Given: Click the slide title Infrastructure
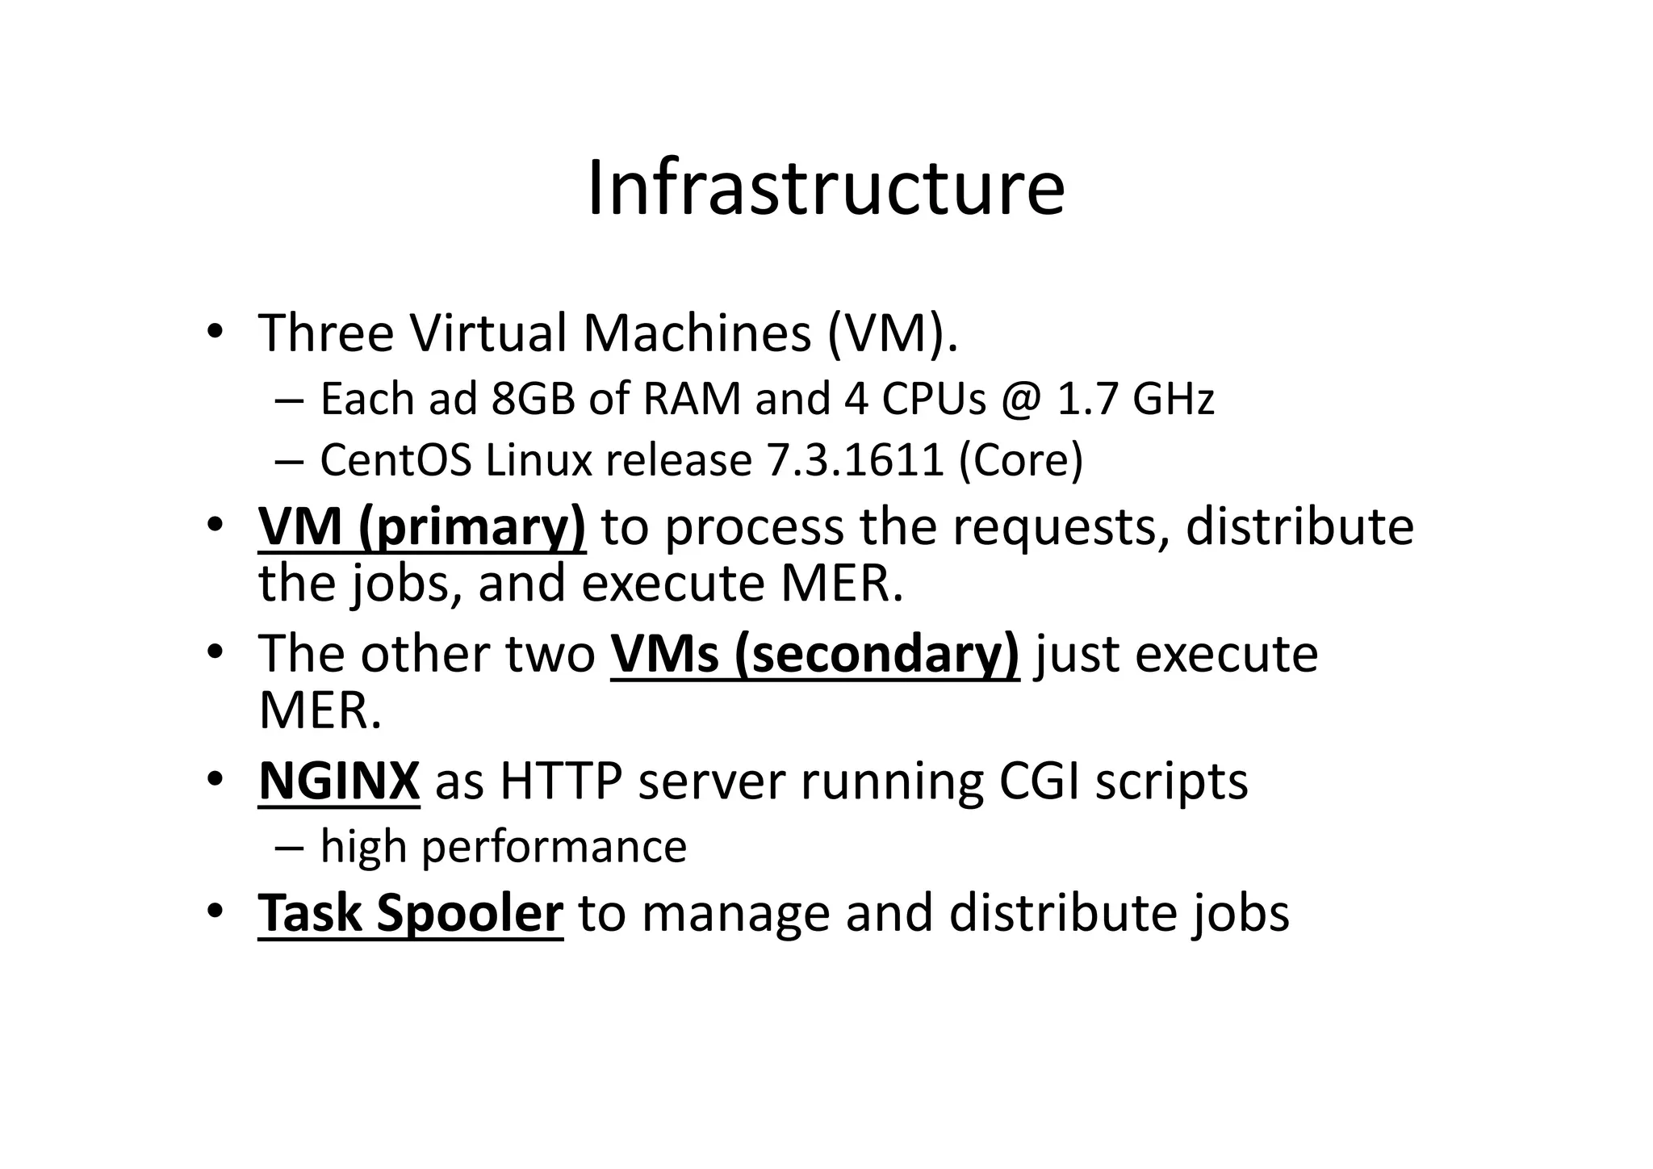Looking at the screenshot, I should coord(826,189).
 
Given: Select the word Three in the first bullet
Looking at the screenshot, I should coord(326,333).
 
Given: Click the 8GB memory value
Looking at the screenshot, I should coord(533,399).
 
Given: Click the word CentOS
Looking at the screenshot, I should coord(395,460).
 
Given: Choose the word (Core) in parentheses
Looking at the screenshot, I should coord(1021,460).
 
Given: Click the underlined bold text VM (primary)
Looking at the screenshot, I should coord(422,527).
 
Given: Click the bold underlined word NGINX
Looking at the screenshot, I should coord(339,781).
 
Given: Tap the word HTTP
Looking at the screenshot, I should coord(561,781).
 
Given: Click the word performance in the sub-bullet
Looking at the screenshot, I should coord(554,847).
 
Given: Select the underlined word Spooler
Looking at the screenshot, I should coord(469,913).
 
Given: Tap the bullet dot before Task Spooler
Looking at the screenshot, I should coord(214,911).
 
